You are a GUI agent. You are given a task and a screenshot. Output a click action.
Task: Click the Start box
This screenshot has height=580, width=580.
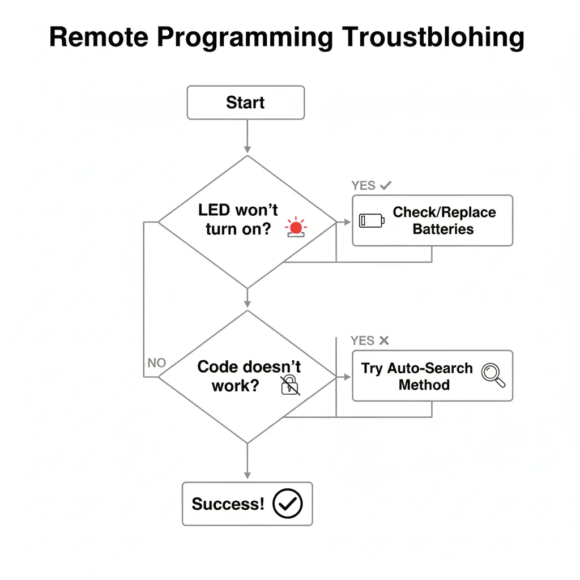pos(245,103)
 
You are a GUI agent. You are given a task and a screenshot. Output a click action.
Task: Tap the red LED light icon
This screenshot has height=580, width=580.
pos(295,228)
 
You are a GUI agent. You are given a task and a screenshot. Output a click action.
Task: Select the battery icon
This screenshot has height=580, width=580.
pos(372,220)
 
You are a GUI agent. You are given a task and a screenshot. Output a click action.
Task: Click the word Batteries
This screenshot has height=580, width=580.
pos(443,229)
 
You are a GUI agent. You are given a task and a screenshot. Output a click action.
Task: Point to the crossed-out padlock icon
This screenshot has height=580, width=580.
pos(290,384)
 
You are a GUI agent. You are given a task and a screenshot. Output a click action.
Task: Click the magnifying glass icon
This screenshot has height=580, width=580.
pos(492,375)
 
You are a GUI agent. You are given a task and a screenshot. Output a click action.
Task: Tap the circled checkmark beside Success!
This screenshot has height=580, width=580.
pos(288,504)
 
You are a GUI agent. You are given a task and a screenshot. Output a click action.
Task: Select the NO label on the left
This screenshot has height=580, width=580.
pos(156,363)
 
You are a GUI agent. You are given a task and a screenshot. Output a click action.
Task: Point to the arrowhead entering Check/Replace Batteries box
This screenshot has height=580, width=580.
pos(347,222)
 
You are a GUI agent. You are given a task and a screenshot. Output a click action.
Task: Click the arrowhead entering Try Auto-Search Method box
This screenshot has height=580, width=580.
pos(347,377)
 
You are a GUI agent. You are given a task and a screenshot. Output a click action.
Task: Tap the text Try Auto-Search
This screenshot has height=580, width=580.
pos(417,368)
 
